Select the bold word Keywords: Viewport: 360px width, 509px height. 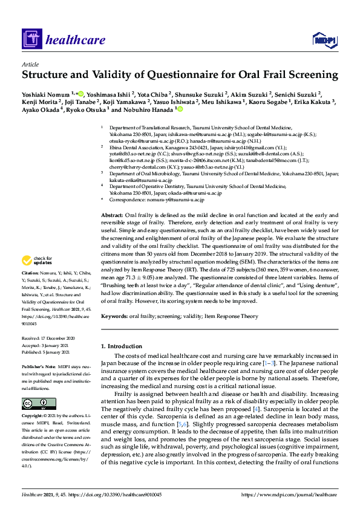[114, 316]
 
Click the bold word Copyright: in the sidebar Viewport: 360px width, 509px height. [33, 417]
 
